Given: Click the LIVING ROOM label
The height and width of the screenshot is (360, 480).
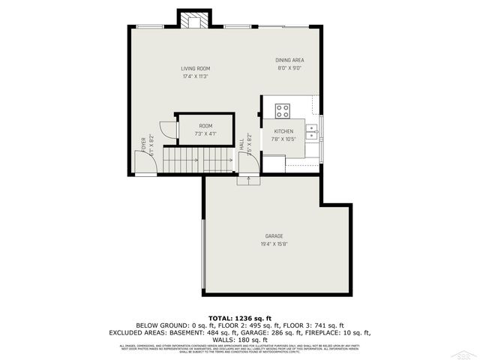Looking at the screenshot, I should pyautogui.click(x=194, y=68).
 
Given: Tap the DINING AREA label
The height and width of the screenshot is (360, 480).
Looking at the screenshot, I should pyautogui.click(x=290, y=60).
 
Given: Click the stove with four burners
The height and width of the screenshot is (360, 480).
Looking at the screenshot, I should pyautogui.click(x=283, y=110).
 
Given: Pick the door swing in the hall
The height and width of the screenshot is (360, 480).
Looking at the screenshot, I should pyautogui.click(x=251, y=162).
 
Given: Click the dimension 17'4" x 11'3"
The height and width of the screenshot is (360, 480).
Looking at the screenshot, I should pyautogui.click(x=194, y=76).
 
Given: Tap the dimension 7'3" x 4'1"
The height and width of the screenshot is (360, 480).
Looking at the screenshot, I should pyautogui.click(x=205, y=133).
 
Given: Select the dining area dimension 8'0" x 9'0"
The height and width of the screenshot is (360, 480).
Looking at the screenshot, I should pyautogui.click(x=289, y=68).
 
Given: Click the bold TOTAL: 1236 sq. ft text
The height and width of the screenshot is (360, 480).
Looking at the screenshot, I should pyautogui.click(x=240, y=319).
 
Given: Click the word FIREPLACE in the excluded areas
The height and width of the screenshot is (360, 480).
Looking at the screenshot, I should pyautogui.click(x=318, y=331).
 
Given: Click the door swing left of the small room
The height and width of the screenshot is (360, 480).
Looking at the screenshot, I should pyautogui.click(x=168, y=131).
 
